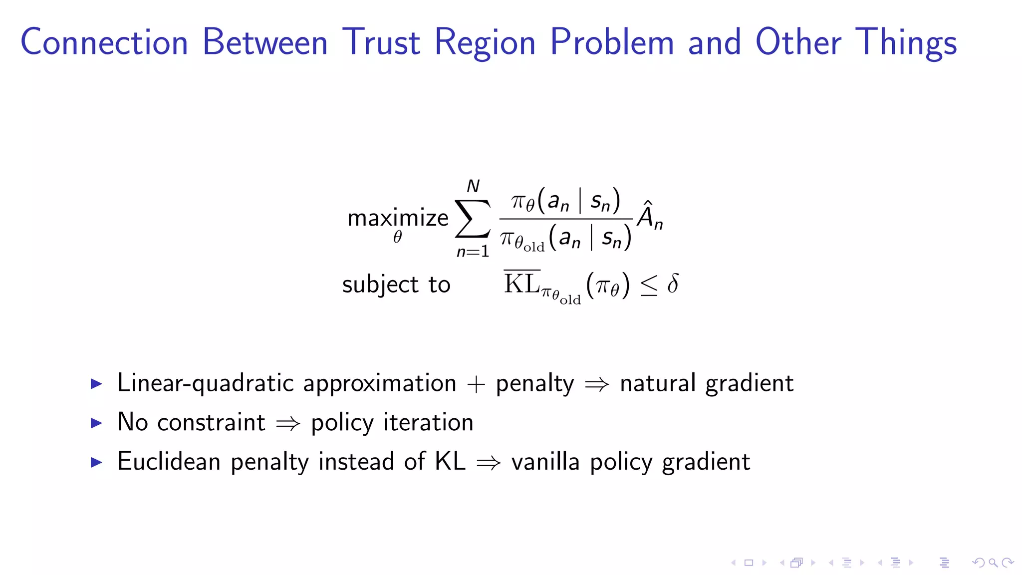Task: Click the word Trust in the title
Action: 381,42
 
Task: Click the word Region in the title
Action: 485,42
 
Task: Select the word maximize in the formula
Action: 398,218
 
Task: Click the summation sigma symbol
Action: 472,219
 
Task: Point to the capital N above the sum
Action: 473,186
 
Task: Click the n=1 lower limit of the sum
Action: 473,252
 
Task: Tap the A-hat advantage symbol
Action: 649,216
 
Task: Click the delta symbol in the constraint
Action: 673,284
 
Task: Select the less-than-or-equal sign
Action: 649,286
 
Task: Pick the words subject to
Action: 396,285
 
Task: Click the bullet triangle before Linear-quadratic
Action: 96,384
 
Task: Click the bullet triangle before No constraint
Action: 96,423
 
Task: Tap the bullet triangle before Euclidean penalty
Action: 96,462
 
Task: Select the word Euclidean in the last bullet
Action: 169,461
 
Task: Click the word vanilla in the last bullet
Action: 545,461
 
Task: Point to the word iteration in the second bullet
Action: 428,422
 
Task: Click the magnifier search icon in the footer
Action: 993,563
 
